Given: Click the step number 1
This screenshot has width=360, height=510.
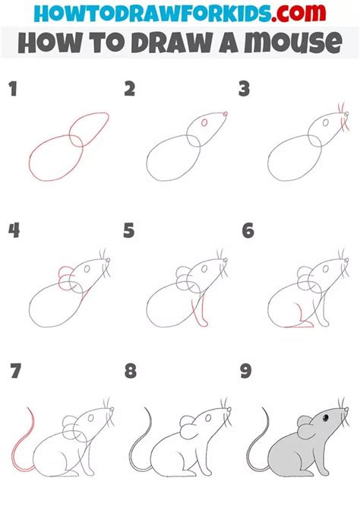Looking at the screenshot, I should [12, 90].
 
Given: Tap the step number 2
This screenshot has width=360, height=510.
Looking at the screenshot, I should [129, 90].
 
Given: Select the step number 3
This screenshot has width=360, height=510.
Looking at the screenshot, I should [245, 90].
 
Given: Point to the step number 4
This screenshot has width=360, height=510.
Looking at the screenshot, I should [13, 230].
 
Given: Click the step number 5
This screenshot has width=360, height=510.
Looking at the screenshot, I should [129, 230].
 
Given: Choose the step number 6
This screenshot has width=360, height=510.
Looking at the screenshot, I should [247, 230].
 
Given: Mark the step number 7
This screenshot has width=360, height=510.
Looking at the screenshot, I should [14, 372].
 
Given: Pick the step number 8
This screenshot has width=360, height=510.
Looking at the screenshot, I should [131, 372].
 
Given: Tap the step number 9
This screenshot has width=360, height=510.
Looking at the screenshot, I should [247, 372].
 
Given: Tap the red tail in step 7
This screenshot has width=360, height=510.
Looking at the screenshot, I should [22, 441].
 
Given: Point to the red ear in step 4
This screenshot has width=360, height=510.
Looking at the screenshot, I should [64, 274].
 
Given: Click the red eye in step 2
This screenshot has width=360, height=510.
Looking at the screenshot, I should [203, 122].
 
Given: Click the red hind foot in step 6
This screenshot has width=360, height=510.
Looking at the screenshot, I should [298, 325].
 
